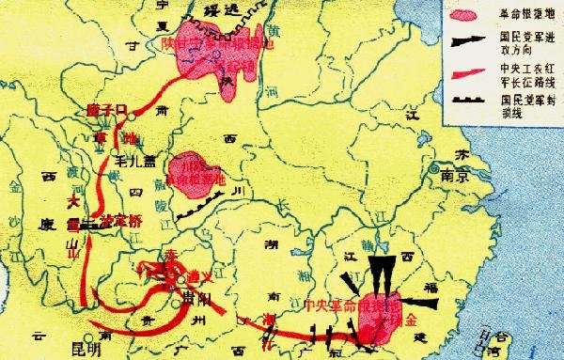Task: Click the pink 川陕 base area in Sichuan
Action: pyautogui.click(x=197, y=174)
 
